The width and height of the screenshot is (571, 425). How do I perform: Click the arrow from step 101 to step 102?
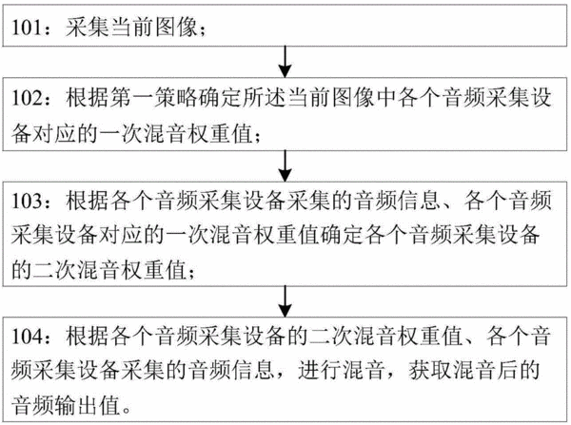(x=285, y=62)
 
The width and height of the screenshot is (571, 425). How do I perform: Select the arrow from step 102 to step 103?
(x=285, y=166)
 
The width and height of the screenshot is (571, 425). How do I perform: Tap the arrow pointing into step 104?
(x=285, y=301)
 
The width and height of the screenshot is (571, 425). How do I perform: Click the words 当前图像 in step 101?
(x=154, y=28)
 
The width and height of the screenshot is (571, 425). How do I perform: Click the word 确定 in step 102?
(x=221, y=98)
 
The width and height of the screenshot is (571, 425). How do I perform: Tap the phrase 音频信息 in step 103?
(x=399, y=201)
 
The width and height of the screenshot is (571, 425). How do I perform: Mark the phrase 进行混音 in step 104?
(x=343, y=371)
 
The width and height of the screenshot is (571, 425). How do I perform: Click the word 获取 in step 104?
(x=431, y=371)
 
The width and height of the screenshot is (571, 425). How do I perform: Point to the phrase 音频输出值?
(x=66, y=405)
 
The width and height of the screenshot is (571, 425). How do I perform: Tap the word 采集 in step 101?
(x=88, y=28)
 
